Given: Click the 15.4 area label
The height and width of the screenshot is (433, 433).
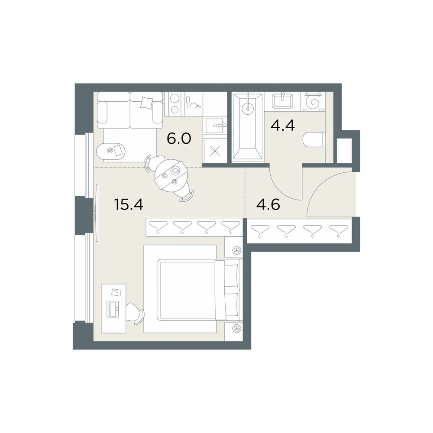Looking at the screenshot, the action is pos(129,205).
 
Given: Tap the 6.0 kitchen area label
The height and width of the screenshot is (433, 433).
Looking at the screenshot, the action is pos(179,139).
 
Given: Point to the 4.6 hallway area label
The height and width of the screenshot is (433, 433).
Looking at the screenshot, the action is pos(268,205).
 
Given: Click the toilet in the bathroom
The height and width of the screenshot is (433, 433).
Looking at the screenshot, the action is pos(314,140).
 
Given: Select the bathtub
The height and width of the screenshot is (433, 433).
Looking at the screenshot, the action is pos(248,126).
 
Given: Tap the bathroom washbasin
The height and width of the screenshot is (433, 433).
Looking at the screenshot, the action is pos(282,101).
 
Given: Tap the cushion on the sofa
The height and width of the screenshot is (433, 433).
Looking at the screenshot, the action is pos(146,102).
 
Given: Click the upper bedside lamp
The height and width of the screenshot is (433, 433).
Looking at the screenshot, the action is pos(236,250).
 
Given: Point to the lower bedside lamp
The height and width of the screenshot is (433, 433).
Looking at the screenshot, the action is pos(236,328).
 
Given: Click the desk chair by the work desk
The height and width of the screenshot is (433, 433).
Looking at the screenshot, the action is pos(135,313).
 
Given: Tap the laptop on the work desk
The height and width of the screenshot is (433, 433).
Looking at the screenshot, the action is pos(113,309).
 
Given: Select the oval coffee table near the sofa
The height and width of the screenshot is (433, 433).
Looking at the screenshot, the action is pos(111,151).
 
